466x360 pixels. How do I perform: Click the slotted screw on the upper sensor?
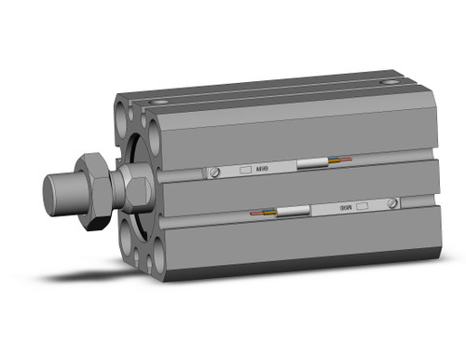click(217, 173)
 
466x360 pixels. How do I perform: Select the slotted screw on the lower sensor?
click(395, 203)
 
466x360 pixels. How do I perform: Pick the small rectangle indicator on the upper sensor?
click(246, 170)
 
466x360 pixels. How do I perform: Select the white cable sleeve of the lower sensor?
click(292, 212)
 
